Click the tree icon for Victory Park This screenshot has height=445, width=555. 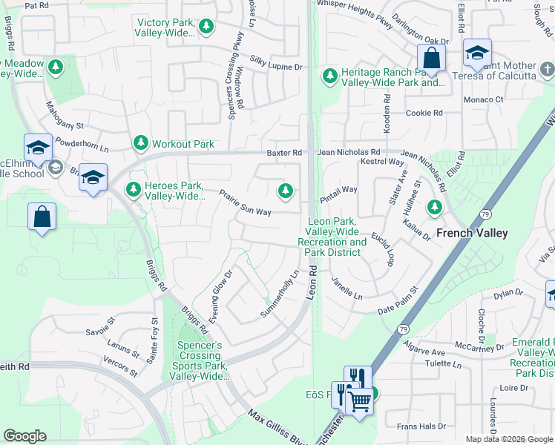tap(206, 27)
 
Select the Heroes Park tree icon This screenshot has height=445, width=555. tap(134, 190)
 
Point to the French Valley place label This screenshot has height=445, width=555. tap(472, 233)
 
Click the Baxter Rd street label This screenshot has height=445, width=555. tap(285, 153)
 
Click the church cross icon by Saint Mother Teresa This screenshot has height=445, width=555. tap(548, 70)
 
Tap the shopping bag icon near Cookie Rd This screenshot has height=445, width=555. tap(430, 57)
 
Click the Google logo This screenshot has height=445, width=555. tap(24, 436)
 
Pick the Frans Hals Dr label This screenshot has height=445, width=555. tap(421, 426)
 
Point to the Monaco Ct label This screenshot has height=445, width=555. tap(484, 99)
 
